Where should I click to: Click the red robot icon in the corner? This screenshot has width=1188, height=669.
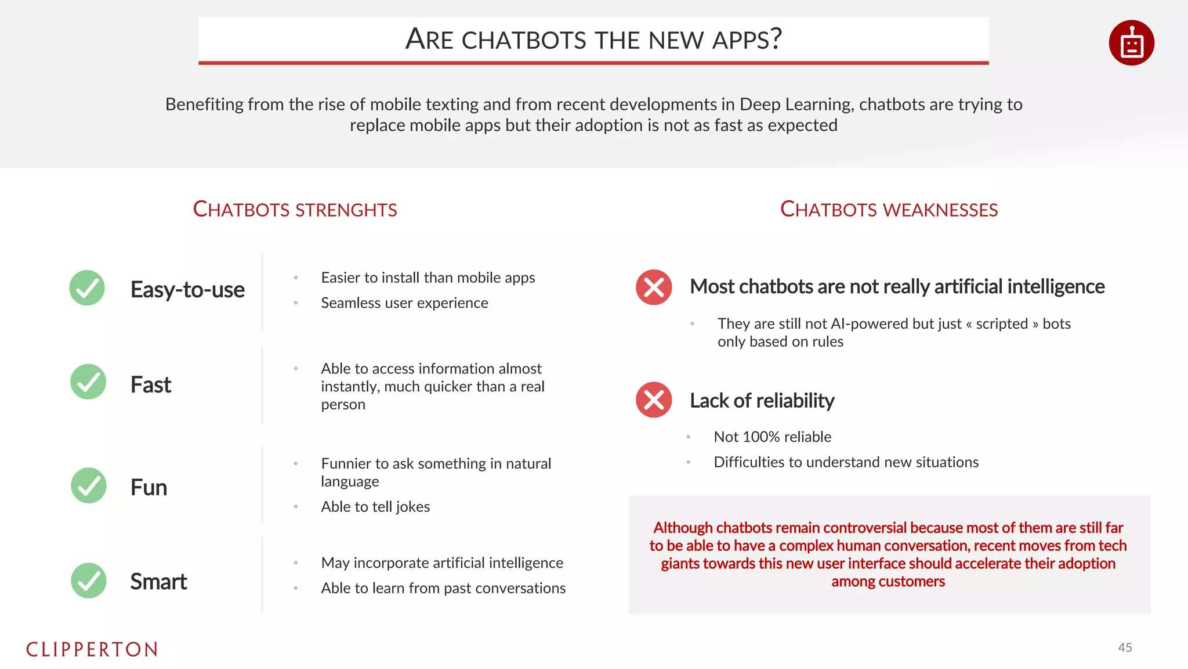point(1131,43)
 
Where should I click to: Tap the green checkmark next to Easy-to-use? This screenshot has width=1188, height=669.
point(87,288)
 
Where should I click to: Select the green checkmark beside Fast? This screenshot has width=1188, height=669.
point(88,382)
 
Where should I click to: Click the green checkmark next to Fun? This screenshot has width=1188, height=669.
point(89,485)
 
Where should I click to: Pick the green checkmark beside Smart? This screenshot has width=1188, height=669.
point(89,580)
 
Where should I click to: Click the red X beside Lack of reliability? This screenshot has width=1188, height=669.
point(654,400)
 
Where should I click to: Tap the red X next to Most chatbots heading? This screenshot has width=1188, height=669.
point(654,287)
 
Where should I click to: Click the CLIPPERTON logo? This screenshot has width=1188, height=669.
point(92,649)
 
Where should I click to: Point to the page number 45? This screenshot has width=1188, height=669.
point(1125,648)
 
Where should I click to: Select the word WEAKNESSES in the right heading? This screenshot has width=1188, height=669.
point(942,210)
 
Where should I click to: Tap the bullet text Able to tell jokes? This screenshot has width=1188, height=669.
point(375,506)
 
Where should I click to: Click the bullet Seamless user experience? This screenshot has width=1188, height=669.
point(404,303)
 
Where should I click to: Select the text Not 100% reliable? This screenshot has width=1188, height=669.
point(772,437)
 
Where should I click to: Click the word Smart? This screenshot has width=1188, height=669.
point(158,581)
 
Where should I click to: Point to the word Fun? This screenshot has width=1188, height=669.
point(148,487)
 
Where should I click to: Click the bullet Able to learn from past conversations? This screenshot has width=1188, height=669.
point(443,588)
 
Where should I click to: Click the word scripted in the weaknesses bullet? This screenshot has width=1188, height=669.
point(1002,323)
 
